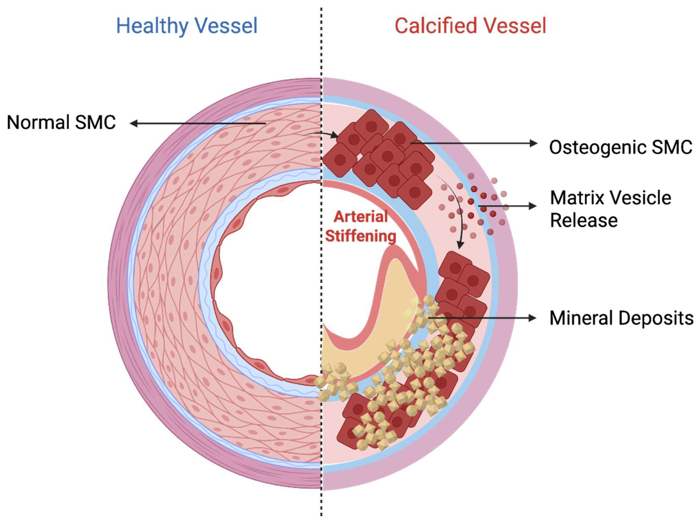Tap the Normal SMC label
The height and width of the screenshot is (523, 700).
click(61, 123)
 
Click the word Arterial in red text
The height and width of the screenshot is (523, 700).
click(361, 217)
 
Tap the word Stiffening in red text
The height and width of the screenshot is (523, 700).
click(361, 236)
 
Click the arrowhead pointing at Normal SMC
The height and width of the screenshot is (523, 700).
click(133, 123)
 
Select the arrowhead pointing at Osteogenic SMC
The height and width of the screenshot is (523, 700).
click(533, 143)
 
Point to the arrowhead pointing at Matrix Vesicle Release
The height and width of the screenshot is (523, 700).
click(533, 206)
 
